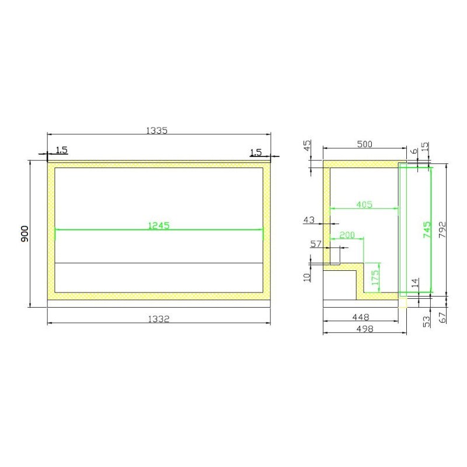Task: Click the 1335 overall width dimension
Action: click(x=156, y=130)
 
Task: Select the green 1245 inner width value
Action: click(x=159, y=225)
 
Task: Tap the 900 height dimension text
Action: click(x=25, y=234)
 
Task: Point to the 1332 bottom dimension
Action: click(x=159, y=319)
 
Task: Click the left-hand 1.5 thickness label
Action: click(x=62, y=150)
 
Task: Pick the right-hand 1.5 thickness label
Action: click(x=256, y=152)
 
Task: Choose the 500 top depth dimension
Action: click(x=364, y=144)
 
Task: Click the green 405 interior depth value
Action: click(x=364, y=205)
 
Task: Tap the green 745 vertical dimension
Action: click(x=427, y=229)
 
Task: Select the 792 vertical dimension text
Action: click(x=442, y=229)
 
